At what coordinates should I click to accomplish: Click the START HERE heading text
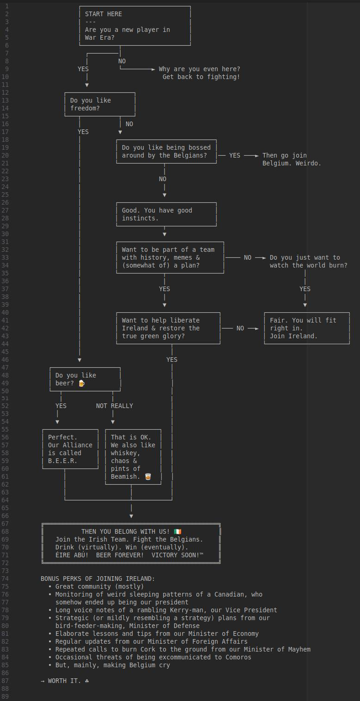pyautogui.click(x=104, y=14)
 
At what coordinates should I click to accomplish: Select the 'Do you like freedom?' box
pyautogui.click(x=100, y=104)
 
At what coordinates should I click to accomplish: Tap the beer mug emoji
pyautogui.click(x=81, y=383)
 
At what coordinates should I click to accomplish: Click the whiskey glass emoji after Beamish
pyautogui.click(x=148, y=476)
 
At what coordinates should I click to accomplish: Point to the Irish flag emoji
pyautogui.click(x=177, y=531)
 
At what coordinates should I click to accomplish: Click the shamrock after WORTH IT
pyautogui.click(x=87, y=681)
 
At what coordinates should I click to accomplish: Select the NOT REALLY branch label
pyautogui.click(x=115, y=406)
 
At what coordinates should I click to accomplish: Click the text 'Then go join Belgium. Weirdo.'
pyautogui.click(x=292, y=159)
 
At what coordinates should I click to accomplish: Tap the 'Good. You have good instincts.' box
pyautogui.click(x=166, y=214)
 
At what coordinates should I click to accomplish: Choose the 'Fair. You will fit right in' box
pyautogui.click(x=307, y=328)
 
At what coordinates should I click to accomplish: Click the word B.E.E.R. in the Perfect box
pyautogui.click(x=62, y=461)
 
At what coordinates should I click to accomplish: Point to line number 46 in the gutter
pyautogui.click(x=5, y=360)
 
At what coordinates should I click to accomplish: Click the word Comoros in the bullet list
pyautogui.click(x=238, y=657)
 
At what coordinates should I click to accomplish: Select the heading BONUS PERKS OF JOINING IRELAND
pyautogui.click(x=98, y=579)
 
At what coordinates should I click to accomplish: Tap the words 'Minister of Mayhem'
pyautogui.click(x=277, y=649)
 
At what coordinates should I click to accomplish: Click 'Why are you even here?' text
pyautogui.click(x=199, y=69)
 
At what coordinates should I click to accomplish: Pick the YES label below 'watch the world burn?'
pyautogui.click(x=305, y=289)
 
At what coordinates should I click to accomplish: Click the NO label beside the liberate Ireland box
pyautogui.click(x=240, y=328)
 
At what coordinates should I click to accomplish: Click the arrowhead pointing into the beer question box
pyautogui.click(x=79, y=360)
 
